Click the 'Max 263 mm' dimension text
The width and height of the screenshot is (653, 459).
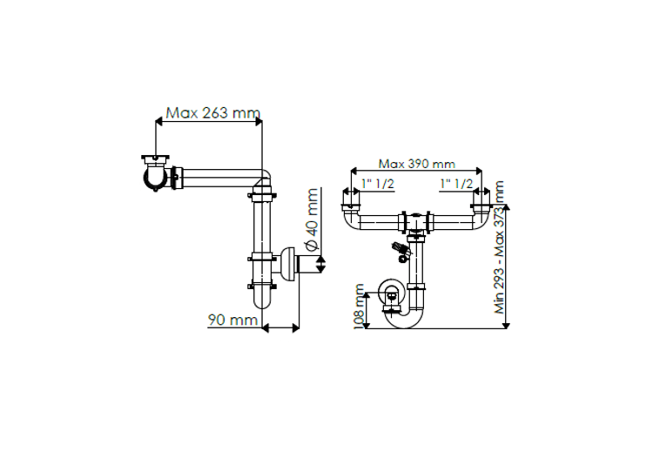pyautogui.click(x=213, y=112)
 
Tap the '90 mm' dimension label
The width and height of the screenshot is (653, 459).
pyautogui.click(x=232, y=320)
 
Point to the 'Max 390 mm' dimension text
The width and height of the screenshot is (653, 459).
pyautogui.click(x=416, y=164)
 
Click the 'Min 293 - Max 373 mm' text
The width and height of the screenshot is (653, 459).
pyautogui.click(x=499, y=247)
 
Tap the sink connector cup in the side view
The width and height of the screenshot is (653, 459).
pyautogui.click(x=157, y=174)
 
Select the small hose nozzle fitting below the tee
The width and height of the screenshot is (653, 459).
pyautogui.click(x=401, y=252)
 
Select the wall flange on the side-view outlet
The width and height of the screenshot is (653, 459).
pyautogui.click(x=286, y=264)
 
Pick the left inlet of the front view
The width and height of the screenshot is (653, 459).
pyautogui.click(x=351, y=210)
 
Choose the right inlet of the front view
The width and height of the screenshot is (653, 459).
pyautogui.click(x=481, y=210)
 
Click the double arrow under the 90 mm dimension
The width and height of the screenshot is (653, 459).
pyautogui.click(x=281, y=327)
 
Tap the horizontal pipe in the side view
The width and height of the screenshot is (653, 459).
pyautogui.click(x=218, y=180)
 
